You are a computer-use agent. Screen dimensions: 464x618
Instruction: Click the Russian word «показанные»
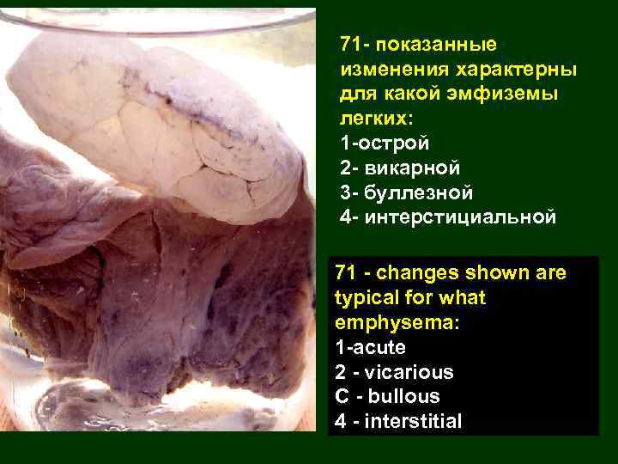(x=435, y=44)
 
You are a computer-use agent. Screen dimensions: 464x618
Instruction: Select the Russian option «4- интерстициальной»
(x=447, y=217)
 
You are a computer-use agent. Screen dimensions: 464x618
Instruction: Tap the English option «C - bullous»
(x=387, y=397)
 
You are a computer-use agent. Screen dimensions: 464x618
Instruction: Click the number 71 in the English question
(x=346, y=274)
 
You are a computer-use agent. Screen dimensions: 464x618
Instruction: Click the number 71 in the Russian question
(x=350, y=44)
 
